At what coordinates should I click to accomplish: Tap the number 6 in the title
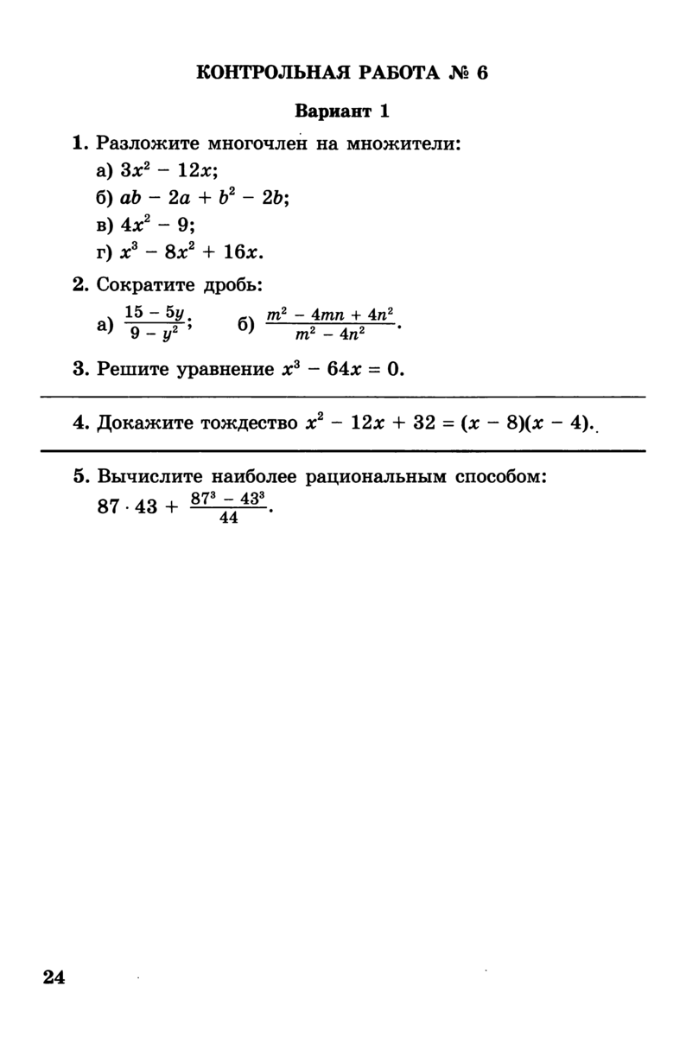481,72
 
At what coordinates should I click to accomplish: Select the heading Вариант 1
343,111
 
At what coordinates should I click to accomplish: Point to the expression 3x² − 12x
168,170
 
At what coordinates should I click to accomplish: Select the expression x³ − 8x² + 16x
191,252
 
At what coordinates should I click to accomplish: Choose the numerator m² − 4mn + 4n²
330,315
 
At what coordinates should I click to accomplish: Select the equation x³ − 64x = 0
344,370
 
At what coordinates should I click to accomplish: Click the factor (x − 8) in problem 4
490,424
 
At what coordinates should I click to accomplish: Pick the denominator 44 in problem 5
229,518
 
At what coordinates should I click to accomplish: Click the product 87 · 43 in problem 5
128,507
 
